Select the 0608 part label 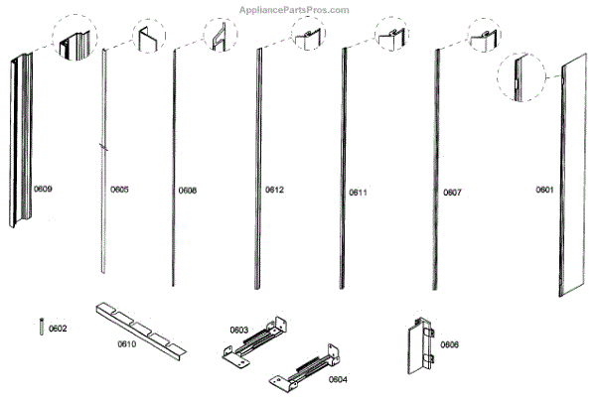tap(188, 189)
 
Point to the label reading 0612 tap(275, 189)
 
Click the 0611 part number tap(358, 192)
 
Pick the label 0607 tap(452, 192)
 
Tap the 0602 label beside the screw tap(58, 329)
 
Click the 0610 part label tap(126, 344)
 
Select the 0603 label tap(238, 329)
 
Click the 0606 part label tap(450, 344)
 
